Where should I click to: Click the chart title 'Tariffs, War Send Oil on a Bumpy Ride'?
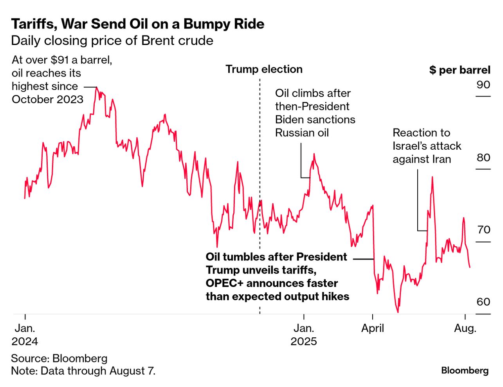[x=137, y=24]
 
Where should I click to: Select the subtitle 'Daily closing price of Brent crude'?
[x=112, y=41]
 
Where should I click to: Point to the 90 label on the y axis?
[x=483, y=85]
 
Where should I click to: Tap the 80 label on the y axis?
[x=483, y=158]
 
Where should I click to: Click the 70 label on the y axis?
[x=483, y=230]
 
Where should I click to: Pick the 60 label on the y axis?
[x=483, y=302]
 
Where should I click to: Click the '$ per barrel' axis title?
[x=460, y=70]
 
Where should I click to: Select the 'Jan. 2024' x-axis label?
[x=25, y=335]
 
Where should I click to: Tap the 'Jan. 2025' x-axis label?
[x=304, y=335]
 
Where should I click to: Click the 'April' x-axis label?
[x=372, y=328]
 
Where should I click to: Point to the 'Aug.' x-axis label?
[x=465, y=328]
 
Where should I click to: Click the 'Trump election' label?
[x=264, y=70]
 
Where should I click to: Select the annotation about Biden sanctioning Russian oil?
[x=315, y=113]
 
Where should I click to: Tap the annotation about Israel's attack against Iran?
[x=427, y=146]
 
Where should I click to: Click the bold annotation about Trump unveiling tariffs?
[x=277, y=276]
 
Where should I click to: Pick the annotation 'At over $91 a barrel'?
[x=61, y=80]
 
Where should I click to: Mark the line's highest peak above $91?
[x=96, y=88]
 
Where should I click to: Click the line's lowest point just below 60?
[x=398, y=312]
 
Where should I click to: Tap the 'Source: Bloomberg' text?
[x=59, y=358]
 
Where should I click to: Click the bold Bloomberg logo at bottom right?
[x=465, y=371]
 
